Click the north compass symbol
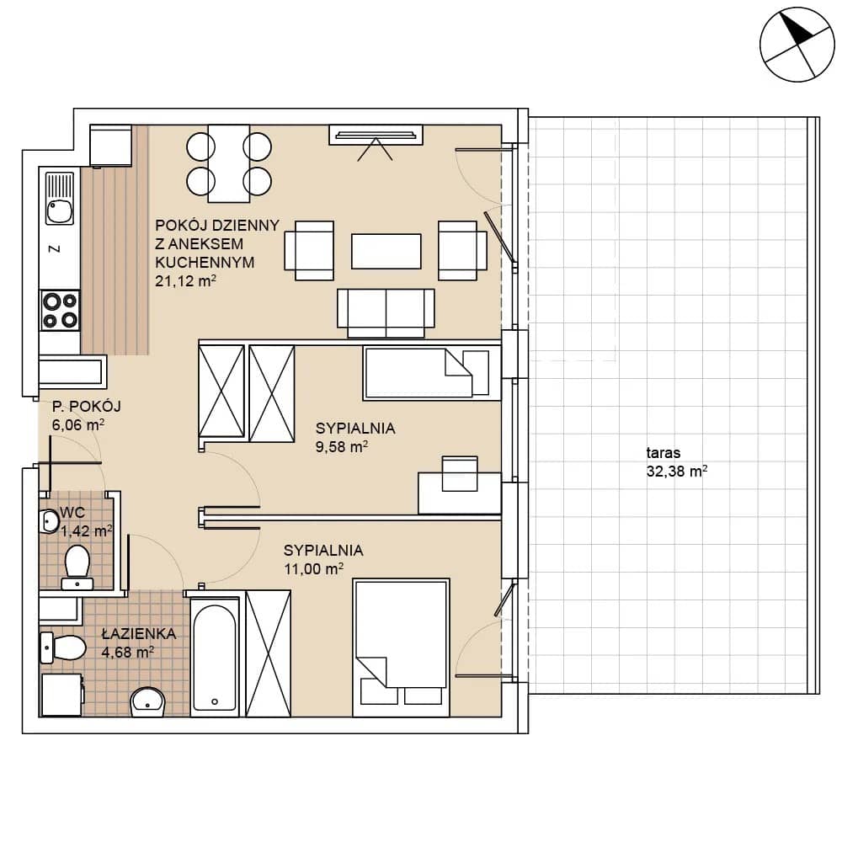point(797,45)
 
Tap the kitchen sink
point(60,198)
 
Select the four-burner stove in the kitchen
point(60,311)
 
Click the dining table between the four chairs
point(229,163)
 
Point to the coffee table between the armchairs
point(386,251)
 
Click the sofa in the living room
point(386,313)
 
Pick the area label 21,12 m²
point(185,281)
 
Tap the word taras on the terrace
point(663,453)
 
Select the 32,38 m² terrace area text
point(677,472)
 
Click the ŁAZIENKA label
point(139,634)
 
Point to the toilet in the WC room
point(77,568)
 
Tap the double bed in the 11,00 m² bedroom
point(401,647)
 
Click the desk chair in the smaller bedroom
point(460,473)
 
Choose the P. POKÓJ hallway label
point(87,407)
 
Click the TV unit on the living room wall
point(376,135)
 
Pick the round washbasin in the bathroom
point(147,701)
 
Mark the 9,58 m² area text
point(342,447)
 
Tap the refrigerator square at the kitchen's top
point(110,146)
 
